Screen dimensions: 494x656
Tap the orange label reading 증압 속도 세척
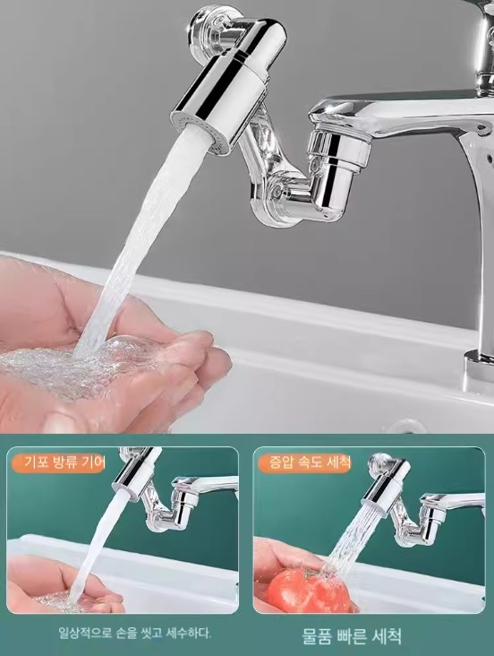[304, 462]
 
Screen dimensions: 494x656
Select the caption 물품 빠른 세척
[352, 636]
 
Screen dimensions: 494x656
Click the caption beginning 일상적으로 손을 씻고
[134, 632]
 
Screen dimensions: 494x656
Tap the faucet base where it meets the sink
[480, 368]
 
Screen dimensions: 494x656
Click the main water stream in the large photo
[138, 246]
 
